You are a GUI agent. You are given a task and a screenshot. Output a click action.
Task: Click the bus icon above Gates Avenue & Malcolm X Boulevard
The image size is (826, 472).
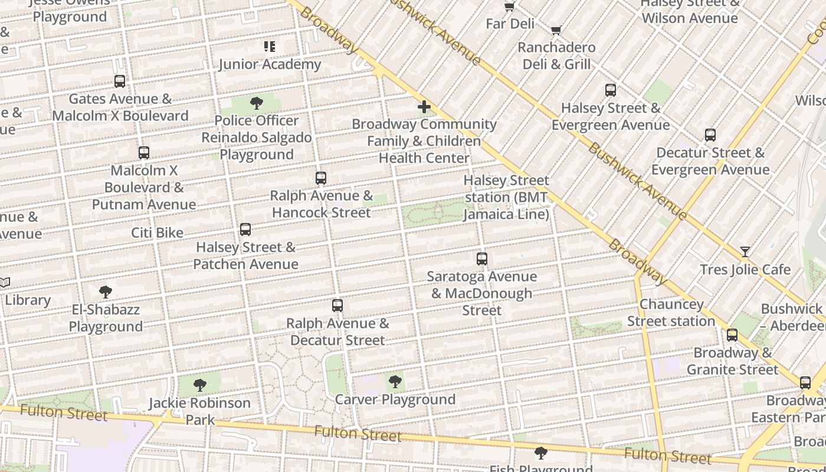[120, 81]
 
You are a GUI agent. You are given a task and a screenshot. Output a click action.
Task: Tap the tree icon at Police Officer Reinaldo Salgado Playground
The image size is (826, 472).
[257, 103]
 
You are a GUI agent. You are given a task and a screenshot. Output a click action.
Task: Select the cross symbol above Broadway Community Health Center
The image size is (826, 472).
[424, 107]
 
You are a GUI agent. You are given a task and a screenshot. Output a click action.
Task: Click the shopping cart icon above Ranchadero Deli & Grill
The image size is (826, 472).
[556, 30]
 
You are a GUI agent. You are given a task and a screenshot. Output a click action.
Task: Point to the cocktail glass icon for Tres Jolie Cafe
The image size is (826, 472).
[745, 252]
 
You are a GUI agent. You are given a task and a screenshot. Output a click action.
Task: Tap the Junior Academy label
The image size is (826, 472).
[270, 64]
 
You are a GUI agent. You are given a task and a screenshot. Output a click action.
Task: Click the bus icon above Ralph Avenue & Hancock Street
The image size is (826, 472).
[321, 178]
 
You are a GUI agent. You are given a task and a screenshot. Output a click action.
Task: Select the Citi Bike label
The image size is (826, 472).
[157, 233]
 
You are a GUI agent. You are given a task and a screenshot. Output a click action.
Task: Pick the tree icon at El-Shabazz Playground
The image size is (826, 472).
[106, 291]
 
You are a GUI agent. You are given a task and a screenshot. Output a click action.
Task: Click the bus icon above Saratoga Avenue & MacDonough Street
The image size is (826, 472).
[482, 258]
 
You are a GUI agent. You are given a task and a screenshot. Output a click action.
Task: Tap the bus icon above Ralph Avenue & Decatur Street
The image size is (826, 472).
[337, 305]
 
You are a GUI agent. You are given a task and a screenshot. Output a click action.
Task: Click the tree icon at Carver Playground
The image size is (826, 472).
[395, 381]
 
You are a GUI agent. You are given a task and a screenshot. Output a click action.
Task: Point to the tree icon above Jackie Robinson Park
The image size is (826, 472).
[200, 385]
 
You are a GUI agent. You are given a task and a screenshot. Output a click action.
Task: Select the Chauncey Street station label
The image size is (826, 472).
[671, 313]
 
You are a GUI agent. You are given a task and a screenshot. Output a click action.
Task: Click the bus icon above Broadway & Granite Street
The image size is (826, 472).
[732, 335]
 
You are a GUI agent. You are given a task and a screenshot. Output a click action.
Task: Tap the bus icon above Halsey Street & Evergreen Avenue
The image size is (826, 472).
[611, 90]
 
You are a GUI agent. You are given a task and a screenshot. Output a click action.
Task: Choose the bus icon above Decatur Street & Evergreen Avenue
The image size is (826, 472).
[710, 135]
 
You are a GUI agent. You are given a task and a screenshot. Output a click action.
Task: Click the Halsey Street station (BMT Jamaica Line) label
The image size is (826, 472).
[506, 197]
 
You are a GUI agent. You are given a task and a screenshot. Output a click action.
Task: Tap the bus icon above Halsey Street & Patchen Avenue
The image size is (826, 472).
[245, 229]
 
